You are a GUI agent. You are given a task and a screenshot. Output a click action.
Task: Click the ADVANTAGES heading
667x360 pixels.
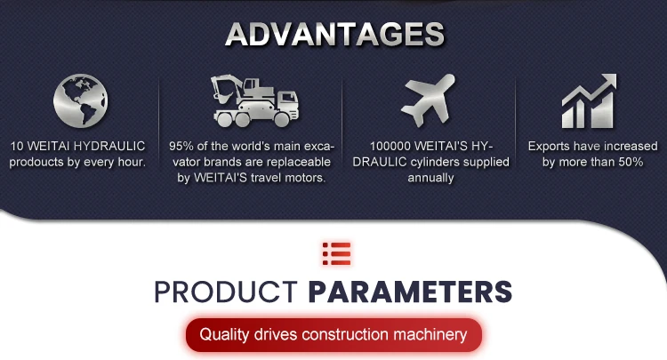click(x=335, y=34)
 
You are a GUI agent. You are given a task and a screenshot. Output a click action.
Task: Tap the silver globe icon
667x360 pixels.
click(x=80, y=100)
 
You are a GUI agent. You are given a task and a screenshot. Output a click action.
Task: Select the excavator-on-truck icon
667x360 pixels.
click(x=255, y=101)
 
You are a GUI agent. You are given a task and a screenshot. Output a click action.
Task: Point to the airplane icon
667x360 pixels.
click(x=428, y=100)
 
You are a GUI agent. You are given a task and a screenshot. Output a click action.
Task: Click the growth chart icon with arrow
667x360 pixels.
click(x=589, y=101)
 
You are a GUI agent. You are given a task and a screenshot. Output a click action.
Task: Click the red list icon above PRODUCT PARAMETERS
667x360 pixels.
click(x=336, y=253)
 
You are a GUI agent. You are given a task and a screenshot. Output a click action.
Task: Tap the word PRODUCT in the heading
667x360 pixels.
click(x=226, y=292)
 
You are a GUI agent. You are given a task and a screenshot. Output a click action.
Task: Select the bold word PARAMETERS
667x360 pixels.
click(x=410, y=292)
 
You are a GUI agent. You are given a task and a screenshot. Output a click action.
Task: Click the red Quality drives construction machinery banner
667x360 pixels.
click(x=333, y=334)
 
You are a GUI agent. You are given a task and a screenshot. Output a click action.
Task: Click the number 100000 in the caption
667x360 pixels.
click(x=390, y=146)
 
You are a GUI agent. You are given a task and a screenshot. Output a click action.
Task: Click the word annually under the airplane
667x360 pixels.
click(x=430, y=178)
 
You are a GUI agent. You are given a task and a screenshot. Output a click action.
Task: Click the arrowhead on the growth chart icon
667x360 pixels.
click(x=608, y=81)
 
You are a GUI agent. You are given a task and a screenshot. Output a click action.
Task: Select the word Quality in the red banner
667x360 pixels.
click(x=224, y=334)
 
